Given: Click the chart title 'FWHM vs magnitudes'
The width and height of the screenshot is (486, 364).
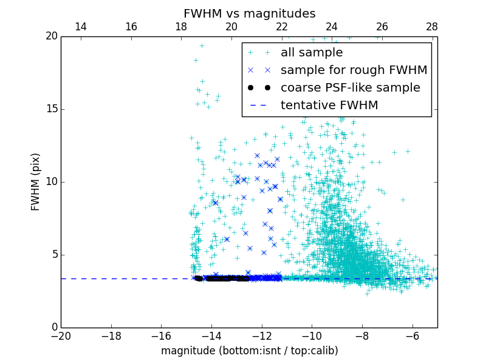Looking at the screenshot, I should (249, 13).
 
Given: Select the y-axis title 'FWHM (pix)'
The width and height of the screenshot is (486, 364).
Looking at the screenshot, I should (36, 182).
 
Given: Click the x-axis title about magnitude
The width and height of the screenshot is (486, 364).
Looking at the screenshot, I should (249, 351).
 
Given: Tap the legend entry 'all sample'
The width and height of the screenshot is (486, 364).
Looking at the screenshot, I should (312, 53).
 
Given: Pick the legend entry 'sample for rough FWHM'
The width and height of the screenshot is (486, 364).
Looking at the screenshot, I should (354, 70).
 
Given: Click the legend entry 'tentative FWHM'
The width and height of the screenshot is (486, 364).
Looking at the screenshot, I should (329, 106).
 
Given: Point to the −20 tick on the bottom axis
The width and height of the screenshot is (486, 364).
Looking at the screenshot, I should (61, 336).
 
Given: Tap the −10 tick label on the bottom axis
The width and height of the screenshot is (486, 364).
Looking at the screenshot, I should (312, 336).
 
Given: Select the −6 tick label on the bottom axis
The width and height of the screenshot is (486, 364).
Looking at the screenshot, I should (412, 336).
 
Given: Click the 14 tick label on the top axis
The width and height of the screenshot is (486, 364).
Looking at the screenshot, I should (81, 27).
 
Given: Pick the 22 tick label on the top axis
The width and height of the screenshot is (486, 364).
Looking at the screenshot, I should (282, 27).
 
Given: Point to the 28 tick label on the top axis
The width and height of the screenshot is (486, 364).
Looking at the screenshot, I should (433, 27).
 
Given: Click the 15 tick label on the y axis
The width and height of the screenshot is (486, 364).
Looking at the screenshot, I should (50, 109).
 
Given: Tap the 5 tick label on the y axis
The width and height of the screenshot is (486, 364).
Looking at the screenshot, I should (53, 255).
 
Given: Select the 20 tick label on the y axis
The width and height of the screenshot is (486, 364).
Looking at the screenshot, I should (50, 36).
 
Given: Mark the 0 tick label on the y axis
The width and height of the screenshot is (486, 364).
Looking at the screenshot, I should (53, 328).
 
